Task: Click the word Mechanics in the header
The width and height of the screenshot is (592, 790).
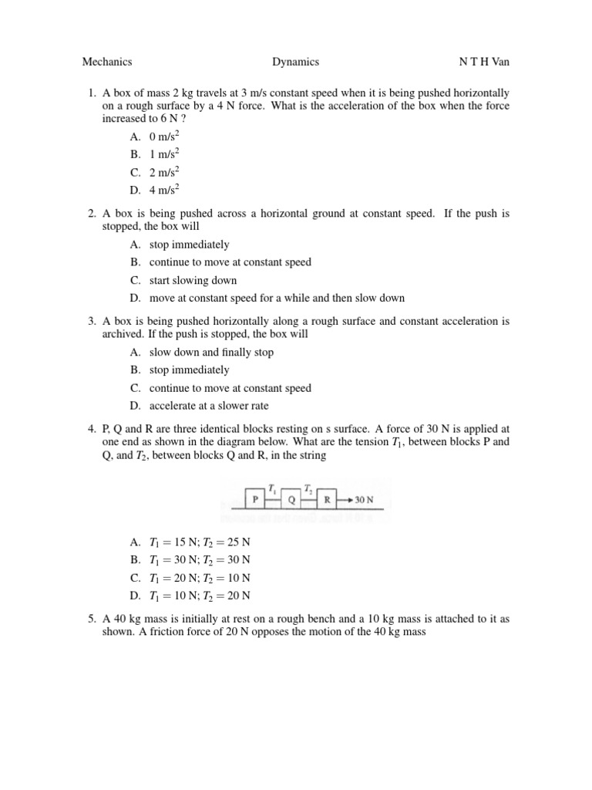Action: tap(107, 62)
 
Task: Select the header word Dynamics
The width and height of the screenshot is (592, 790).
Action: tap(295, 62)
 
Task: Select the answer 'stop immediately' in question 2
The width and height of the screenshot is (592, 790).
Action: tap(189, 245)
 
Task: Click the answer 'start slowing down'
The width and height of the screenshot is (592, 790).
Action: tap(193, 280)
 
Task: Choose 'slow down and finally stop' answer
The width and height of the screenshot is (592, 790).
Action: tap(211, 353)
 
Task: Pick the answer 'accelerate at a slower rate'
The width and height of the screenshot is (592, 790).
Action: tap(209, 406)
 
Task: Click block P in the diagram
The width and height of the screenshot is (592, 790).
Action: tap(255, 499)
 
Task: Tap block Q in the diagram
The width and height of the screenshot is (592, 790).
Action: tap(291, 499)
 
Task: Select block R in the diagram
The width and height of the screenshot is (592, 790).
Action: tap(328, 499)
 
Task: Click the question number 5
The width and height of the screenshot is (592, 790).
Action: tap(91, 619)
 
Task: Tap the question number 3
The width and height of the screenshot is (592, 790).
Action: tap(91, 321)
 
